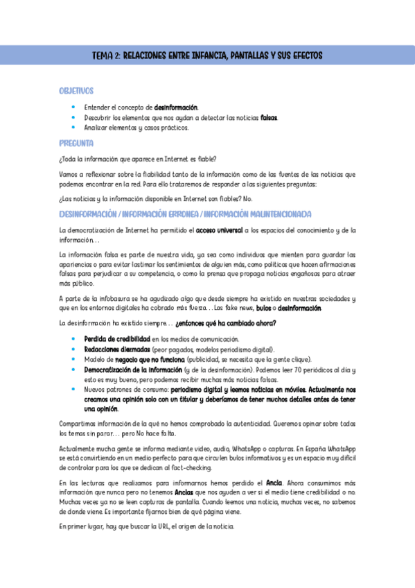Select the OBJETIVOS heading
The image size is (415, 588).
pos(77,91)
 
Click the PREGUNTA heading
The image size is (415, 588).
pos(76,144)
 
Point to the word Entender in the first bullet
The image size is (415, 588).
pos(98,107)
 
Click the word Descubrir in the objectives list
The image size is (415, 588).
pos(99,118)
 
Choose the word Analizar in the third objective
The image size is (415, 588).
pos(97,128)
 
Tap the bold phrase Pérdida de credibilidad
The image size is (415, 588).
pos(117,339)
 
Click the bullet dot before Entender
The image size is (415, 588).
pos(74,107)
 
